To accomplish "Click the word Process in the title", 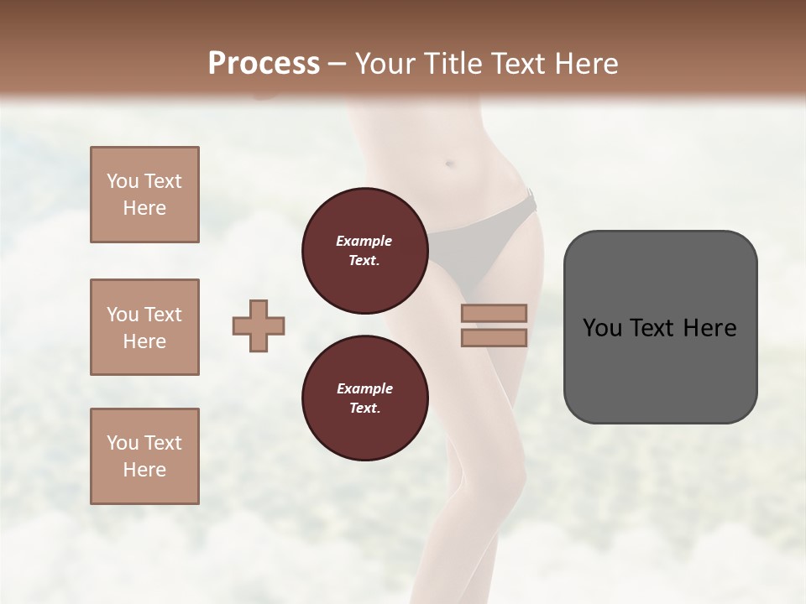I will click(264, 63).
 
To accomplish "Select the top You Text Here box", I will click(144, 195).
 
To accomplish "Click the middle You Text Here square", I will click(144, 327).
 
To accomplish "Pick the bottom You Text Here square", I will click(144, 456).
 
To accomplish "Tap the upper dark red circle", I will click(364, 251).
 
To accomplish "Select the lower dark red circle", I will click(364, 398).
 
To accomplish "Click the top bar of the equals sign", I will click(494, 313).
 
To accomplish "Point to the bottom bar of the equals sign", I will click(494, 337).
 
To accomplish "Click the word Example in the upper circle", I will click(364, 241).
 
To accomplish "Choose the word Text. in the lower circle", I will click(364, 409).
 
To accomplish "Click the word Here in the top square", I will click(144, 208).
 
